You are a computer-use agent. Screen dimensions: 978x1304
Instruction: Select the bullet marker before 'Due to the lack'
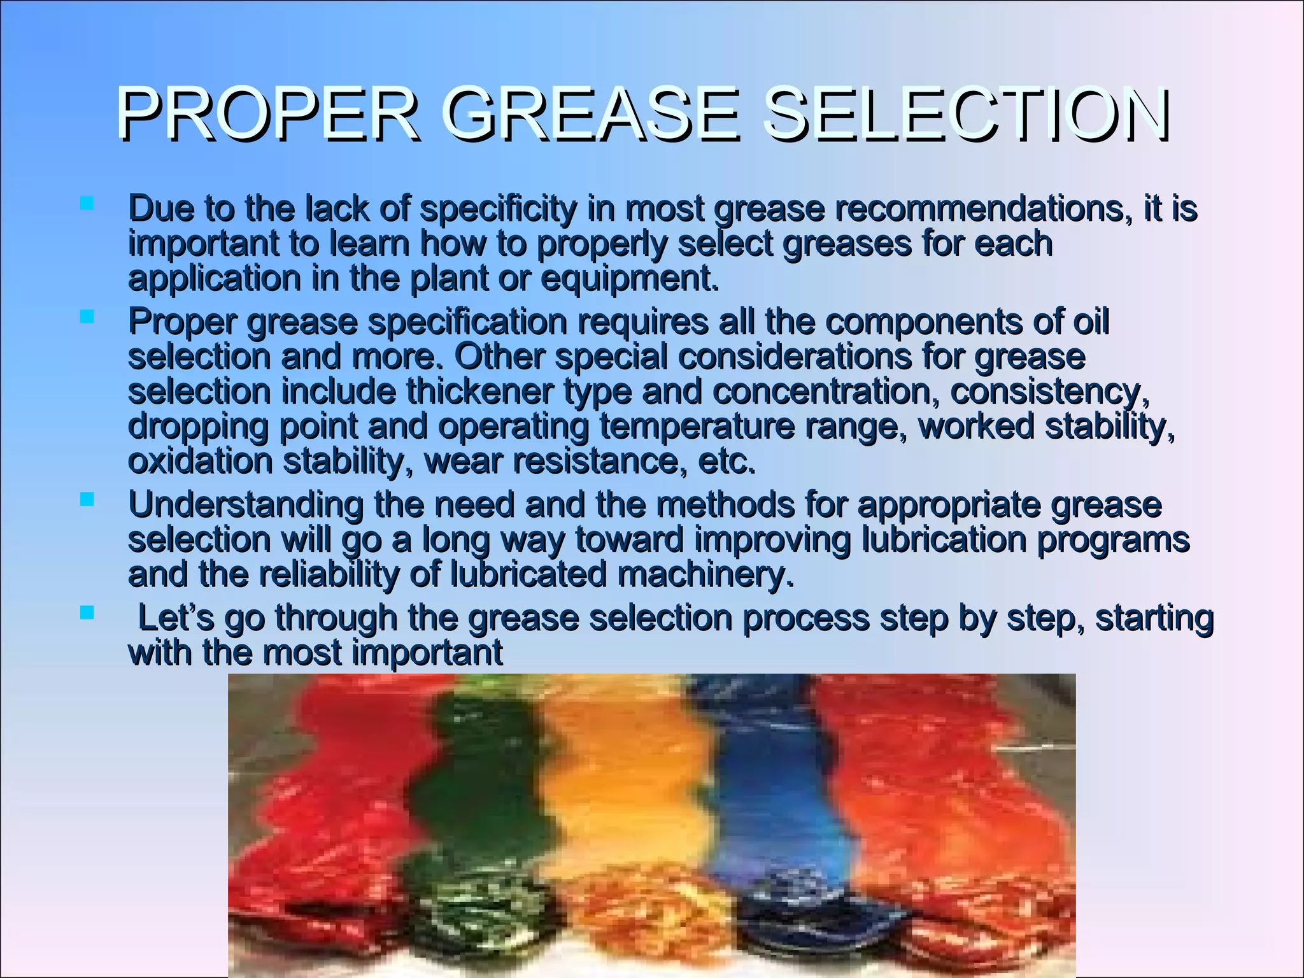coord(87,204)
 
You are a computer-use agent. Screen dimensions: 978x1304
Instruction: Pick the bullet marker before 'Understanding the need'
coord(87,499)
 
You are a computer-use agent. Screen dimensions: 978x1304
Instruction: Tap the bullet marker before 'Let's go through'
coord(87,613)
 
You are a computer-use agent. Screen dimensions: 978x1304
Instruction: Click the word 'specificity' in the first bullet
coord(498,209)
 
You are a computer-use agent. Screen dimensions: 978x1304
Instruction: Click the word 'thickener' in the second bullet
coord(480,391)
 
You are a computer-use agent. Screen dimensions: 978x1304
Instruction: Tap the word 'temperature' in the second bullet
coord(697,426)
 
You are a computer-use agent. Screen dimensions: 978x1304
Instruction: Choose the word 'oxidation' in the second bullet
coord(201,461)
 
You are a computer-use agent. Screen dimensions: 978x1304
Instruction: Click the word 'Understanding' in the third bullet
coord(246,505)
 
